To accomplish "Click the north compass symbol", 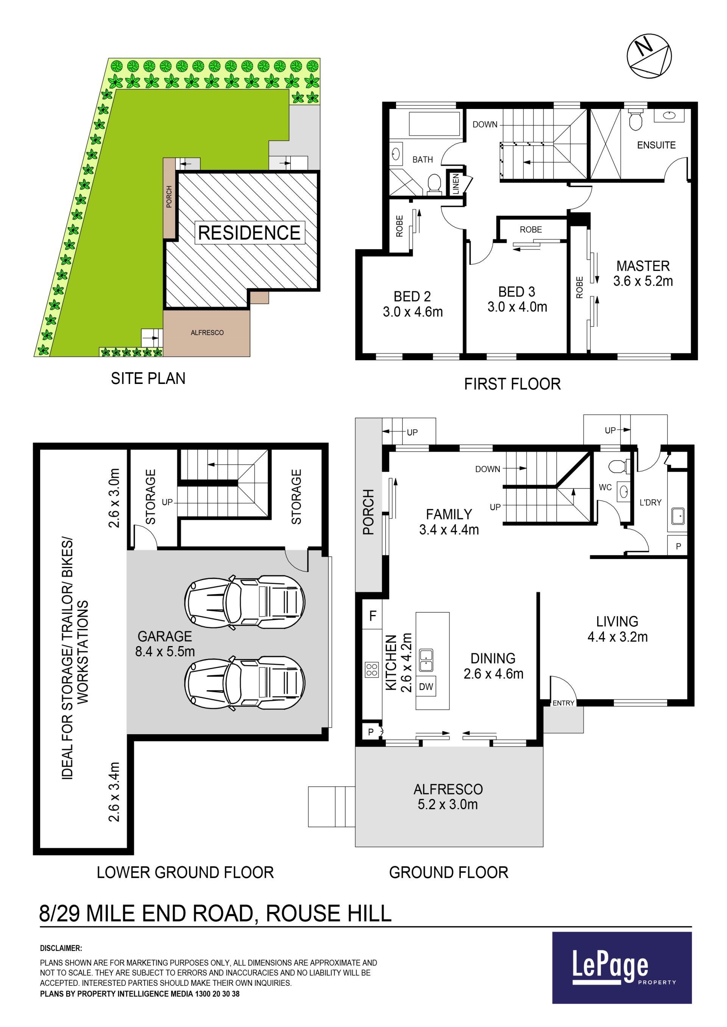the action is [x=649, y=56].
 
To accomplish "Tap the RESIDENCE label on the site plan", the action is [x=250, y=233].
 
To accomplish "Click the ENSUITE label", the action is [x=656, y=145].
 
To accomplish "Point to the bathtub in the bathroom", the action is [x=434, y=124].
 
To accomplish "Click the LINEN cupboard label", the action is [x=456, y=184].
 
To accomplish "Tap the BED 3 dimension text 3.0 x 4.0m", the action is [x=517, y=307].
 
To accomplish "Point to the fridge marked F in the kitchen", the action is [x=373, y=616].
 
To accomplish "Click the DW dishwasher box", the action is [x=426, y=687].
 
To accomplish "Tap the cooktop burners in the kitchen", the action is [x=372, y=670].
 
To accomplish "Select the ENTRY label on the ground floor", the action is [x=563, y=703].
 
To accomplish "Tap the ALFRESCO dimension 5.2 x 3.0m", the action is [x=448, y=804].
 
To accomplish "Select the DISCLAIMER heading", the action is [x=61, y=948].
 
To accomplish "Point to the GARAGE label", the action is [x=165, y=636].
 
